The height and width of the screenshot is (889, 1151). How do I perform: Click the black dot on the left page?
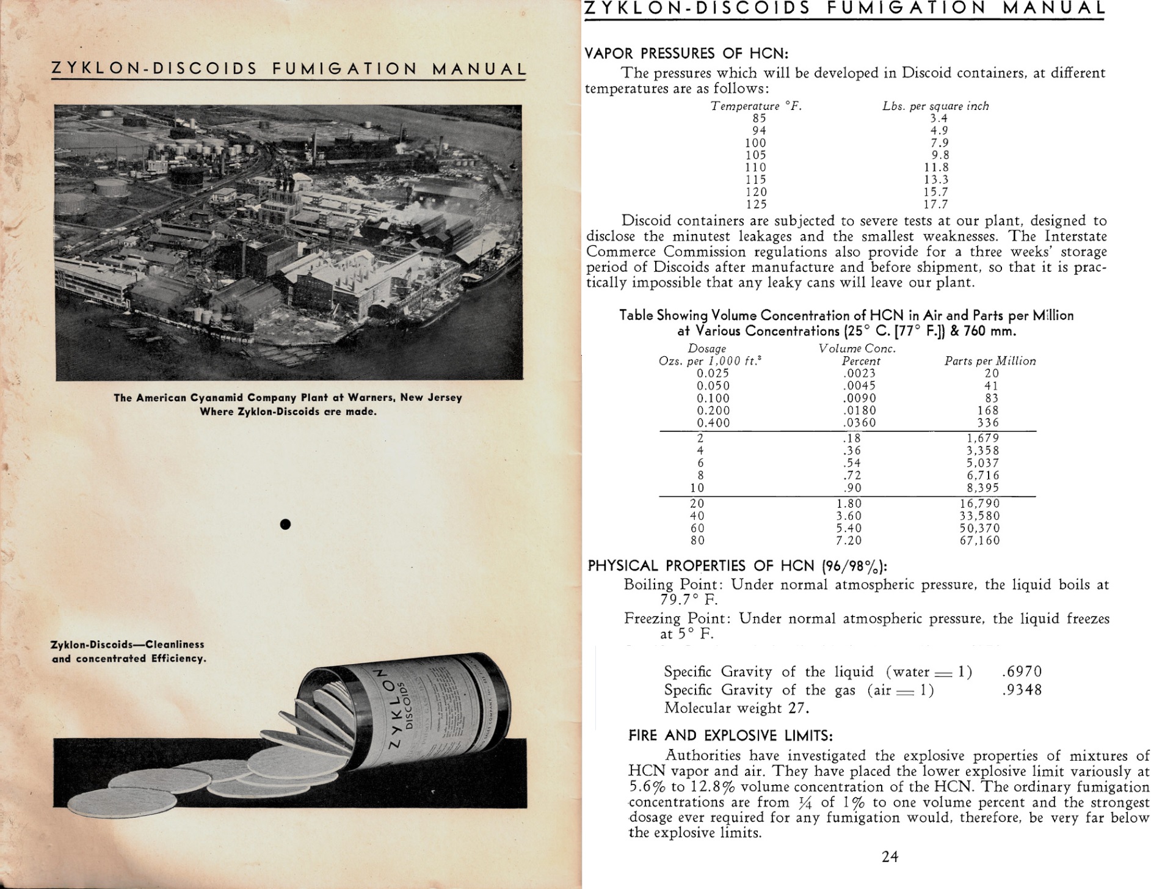[x=285, y=524]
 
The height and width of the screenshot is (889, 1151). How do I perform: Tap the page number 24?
[x=890, y=857]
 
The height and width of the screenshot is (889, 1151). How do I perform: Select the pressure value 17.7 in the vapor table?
[x=935, y=204]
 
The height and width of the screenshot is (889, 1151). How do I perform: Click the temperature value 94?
[x=759, y=130]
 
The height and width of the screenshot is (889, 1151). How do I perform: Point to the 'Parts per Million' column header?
[x=990, y=361]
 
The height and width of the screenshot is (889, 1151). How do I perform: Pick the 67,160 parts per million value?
[x=979, y=540]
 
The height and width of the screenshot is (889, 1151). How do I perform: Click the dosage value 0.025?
[x=713, y=373]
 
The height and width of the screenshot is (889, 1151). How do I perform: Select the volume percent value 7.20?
[x=849, y=540]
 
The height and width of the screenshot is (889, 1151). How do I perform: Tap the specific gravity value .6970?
[x=1022, y=672]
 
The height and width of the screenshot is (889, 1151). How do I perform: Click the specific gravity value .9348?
[x=1022, y=690]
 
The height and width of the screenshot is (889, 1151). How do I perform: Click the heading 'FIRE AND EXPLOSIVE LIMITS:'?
[x=730, y=736]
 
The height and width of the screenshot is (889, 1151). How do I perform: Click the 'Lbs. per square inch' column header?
[x=935, y=106]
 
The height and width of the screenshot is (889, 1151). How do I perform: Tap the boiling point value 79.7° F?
[x=689, y=600]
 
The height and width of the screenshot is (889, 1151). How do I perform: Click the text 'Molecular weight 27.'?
[x=736, y=708]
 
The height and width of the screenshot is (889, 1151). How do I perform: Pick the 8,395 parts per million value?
[x=979, y=488]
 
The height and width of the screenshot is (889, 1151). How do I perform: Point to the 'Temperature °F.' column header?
[x=756, y=106]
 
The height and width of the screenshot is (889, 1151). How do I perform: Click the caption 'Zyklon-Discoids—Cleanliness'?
[x=127, y=645]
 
